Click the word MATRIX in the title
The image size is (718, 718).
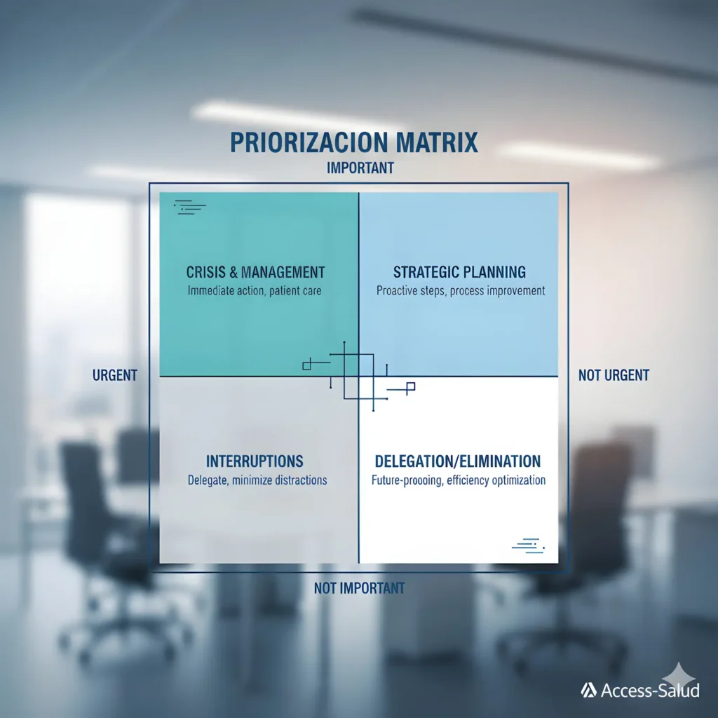pos(437,142)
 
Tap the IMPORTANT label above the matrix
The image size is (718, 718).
pos(360,168)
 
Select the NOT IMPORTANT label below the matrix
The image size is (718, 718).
pos(360,588)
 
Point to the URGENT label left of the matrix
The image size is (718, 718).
pos(115,376)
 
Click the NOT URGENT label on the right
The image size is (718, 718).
pos(614,376)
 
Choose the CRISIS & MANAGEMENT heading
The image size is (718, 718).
pos(255,273)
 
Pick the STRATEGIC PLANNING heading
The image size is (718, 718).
pos(459,273)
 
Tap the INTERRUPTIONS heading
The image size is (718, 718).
pos(255,461)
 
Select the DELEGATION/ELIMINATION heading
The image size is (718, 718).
pos(458,461)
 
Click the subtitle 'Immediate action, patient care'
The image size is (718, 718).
pos(255,291)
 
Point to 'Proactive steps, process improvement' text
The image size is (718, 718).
pos(461,291)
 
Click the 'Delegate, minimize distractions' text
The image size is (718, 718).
pos(257,480)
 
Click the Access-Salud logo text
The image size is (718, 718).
pos(650,690)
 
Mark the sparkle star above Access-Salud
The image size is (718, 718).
pos(679,675)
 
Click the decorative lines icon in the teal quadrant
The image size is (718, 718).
pos(190,208)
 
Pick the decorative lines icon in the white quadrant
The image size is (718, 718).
pos(529,546)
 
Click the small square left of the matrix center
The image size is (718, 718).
pos(307,365)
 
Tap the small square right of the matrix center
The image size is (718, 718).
pos(411,386)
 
